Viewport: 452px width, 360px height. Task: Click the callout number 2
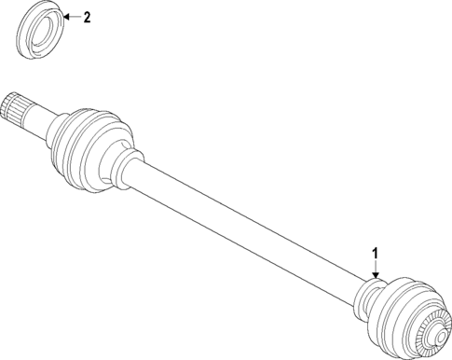87,18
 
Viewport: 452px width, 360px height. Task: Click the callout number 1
376,253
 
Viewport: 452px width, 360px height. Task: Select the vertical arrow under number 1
376,268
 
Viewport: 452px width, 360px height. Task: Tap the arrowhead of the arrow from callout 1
376,276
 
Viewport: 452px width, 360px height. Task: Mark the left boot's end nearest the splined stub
58,127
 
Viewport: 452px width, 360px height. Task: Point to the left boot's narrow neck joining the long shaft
123,169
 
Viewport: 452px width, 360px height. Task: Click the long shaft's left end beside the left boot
140,176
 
